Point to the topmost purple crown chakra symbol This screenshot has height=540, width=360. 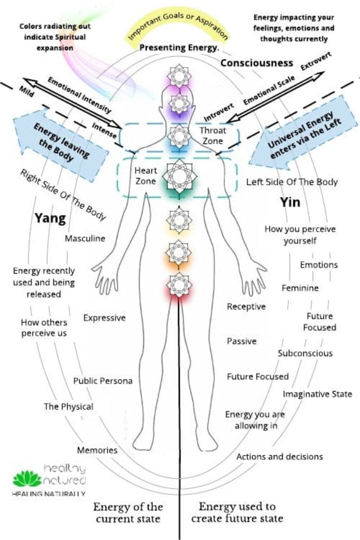[x=179, y=75]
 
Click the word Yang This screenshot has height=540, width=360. [x=50, y=218]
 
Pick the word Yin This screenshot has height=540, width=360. [x=290, y=202]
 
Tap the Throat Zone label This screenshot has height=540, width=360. [x=213, y=136]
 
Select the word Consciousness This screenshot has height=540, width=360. [x=257, y=63]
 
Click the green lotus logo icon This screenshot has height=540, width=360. [x=27, y=479]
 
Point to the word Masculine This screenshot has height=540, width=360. [x=85, y=238]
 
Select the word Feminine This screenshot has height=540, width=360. [x=300, y=288]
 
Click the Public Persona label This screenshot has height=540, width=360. [x=103, y=381]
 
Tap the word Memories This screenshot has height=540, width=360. [x=97, y=450]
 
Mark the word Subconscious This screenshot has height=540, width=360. [x=305, y=353]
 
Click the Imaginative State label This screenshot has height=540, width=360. [x=317, y=394]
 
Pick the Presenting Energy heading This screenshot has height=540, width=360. [x=179, y=48]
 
